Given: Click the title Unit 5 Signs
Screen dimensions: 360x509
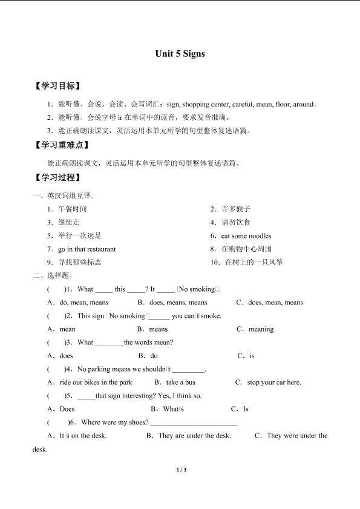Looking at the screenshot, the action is [x=180, y=54].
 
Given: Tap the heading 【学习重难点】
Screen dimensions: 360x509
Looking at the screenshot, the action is [x=62, y=145].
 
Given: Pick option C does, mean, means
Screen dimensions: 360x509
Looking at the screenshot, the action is [x=275, y=303].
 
